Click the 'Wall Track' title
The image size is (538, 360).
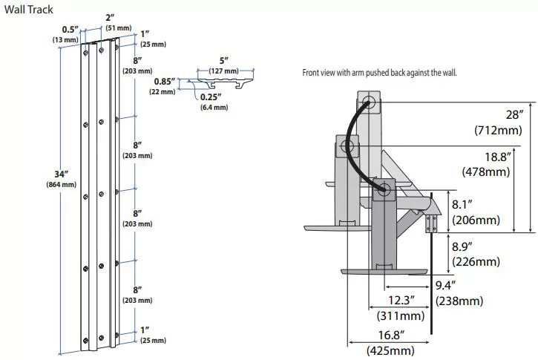(x=28, y=10)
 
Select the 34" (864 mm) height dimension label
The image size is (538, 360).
(x=62, y=179)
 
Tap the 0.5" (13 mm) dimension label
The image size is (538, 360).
(x=65, y=35)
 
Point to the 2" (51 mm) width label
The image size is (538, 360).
(x=119, y=23)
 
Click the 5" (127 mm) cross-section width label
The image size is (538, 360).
(x=223, y=65)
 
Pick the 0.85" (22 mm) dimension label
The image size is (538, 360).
(x=163, y=86)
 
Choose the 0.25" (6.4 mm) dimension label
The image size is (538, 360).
(x=214, y=102)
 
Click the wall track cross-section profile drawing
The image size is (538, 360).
(x=226, y=83)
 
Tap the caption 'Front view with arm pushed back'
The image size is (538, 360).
(x=379, y=73)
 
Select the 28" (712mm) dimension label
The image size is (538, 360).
(x=498, y=122)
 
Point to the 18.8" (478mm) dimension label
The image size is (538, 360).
(x=486, y=164)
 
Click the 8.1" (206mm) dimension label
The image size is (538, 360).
(x=476, y=212)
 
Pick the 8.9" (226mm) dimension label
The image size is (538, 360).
(x=476, y=254)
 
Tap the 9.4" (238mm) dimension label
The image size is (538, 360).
(x=459, y=293)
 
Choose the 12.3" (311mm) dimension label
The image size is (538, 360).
(x=401, y=308)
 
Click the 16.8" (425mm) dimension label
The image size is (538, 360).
(x=391, y=342)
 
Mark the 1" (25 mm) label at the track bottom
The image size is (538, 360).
(x=153, y=336)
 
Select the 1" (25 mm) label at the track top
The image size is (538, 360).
(x=153, y=39)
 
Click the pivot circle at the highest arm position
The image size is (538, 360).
(x=370, y=102)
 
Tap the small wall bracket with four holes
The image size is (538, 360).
(x=431, y=223)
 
